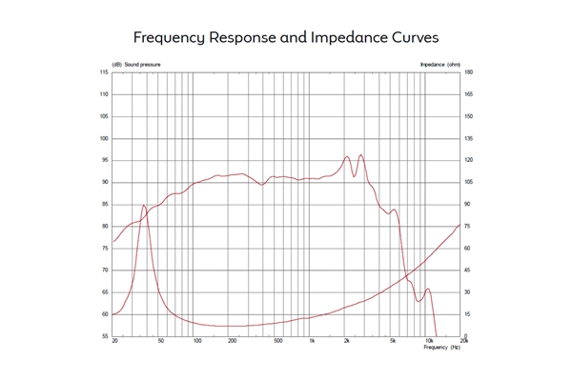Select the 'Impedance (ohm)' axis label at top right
439,65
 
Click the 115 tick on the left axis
104,72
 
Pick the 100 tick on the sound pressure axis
104,138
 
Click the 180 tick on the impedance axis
469,72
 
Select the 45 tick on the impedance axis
468,270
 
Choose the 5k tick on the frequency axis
392,341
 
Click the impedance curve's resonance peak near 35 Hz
143,205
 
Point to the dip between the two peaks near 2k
354,175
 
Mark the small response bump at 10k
428,289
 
